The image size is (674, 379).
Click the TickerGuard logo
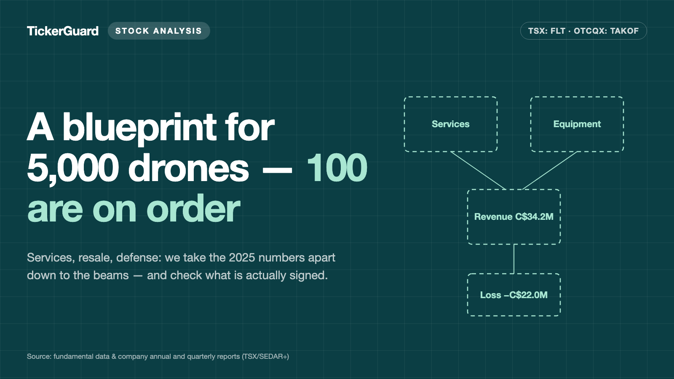coord(63,31)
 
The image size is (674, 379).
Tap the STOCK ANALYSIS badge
coord(159,31)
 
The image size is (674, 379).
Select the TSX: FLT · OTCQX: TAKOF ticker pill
coord(583,31)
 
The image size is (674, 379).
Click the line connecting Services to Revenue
coord(478,171)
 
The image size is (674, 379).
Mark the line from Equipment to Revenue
coord(550,171)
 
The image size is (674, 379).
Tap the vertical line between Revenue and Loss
coord(514,259)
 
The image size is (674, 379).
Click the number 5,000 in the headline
coord(72,168)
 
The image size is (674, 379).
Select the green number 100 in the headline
coord(337,168)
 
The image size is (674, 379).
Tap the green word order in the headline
coord(193,208)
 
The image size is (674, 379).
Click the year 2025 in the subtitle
coord(242,257)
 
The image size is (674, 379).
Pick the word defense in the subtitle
coord(139,257)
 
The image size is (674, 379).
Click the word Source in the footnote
coord(40,356)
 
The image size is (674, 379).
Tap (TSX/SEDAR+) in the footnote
coord(265,356)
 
